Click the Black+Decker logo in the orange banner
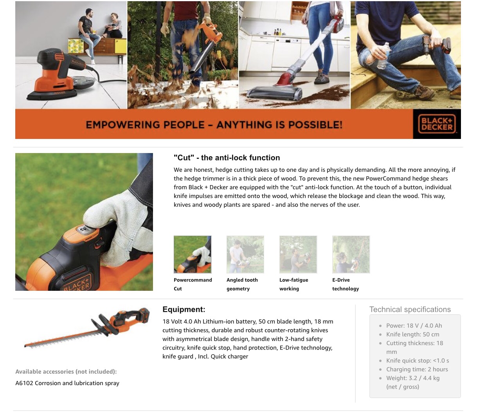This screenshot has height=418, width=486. pos(437,124)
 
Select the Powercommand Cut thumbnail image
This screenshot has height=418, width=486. pos(193,254)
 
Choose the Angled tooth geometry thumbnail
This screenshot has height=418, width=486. pos(245,254)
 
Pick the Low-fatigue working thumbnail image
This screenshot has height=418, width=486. pos(298,254)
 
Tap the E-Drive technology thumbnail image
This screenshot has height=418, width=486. pos(351,254)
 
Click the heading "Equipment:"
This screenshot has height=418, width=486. pos(184,309)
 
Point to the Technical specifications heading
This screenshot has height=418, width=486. pos(410,309)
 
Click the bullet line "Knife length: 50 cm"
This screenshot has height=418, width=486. pos(413,334)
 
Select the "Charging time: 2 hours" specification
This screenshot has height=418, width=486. pos(417,369)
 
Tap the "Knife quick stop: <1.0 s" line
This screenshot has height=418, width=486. pos(418,360)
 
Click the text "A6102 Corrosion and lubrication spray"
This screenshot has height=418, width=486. pos(67,383)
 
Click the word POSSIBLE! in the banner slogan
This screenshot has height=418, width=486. pos(315,125)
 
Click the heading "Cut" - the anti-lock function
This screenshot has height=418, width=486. pos(227,158)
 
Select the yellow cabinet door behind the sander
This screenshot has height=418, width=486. pos(121,46)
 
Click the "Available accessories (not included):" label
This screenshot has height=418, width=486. pos(66,372)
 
